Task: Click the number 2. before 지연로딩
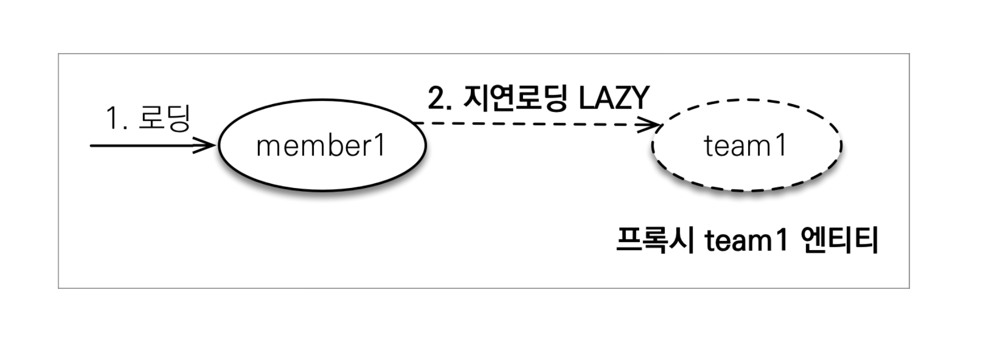tap(440, 99)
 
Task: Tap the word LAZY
tap(614, 98)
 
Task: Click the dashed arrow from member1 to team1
tap(531, 125)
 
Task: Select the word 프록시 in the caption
tap(655, 241)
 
